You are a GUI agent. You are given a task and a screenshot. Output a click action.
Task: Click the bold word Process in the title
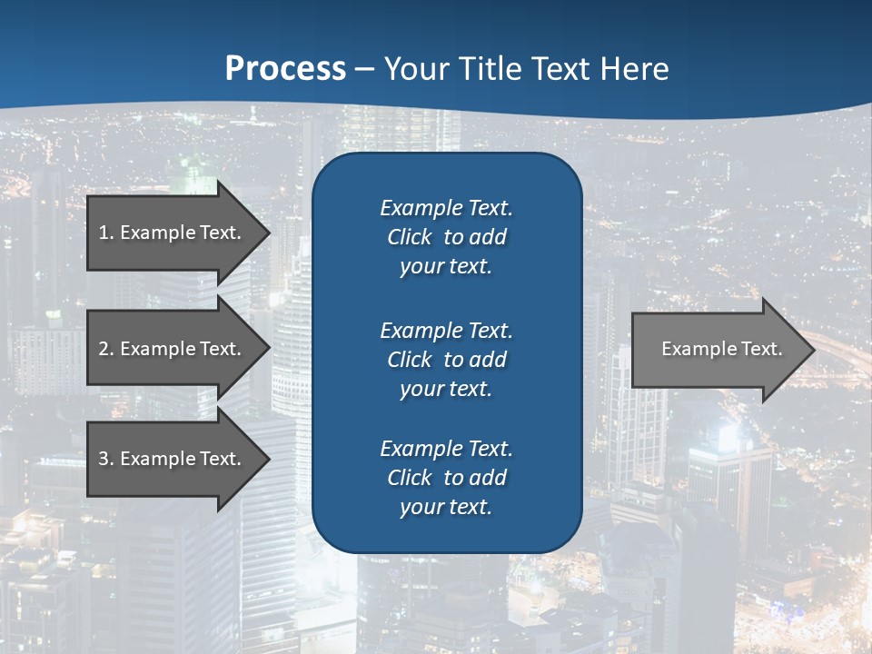(285, 68)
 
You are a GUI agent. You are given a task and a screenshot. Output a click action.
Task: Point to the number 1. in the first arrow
(106, 233)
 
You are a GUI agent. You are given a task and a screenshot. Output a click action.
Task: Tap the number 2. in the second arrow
(106, 349)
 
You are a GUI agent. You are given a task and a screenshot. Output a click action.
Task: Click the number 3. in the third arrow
(106, 459)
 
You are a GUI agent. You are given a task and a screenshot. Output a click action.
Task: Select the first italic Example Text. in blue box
(446, 208)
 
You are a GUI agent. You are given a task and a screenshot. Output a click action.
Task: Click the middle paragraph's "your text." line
(446, 389)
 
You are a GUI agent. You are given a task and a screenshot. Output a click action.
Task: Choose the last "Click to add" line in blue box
(446, 478)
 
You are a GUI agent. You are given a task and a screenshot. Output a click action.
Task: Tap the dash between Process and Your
(365, 69)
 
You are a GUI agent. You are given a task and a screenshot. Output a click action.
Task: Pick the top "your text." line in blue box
(446, 267)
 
